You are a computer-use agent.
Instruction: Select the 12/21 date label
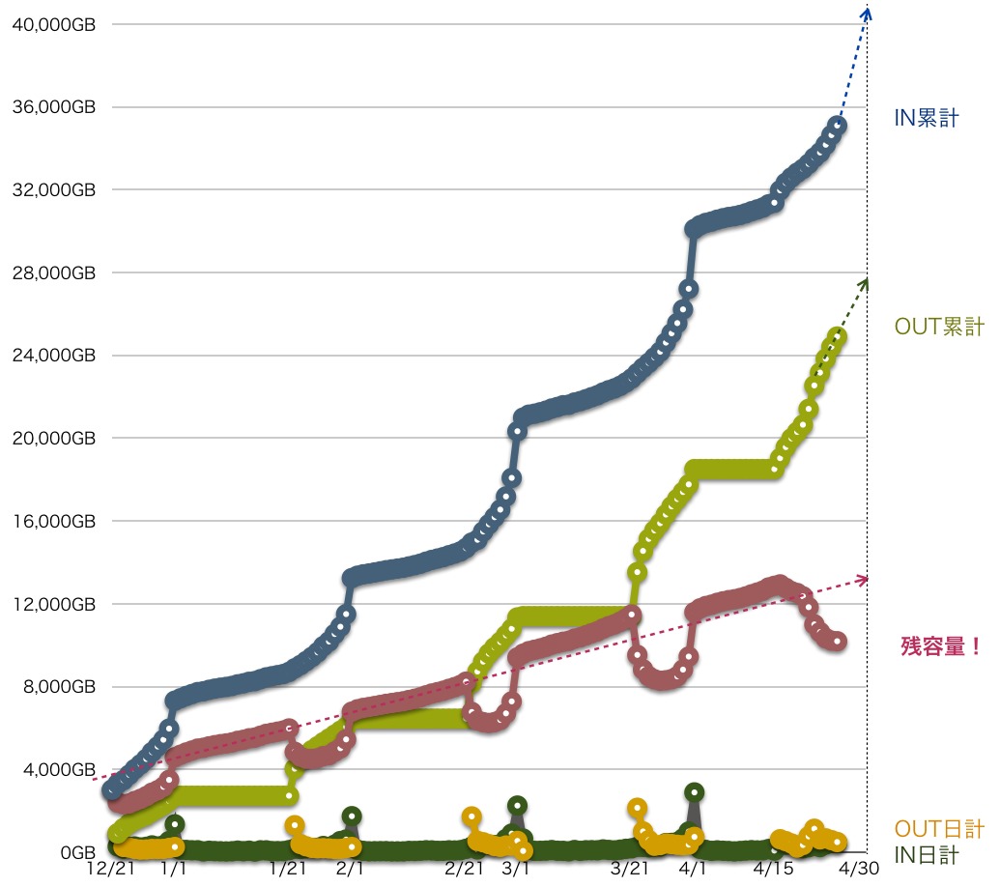[108, 871]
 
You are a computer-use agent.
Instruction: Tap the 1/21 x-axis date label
[289, 871]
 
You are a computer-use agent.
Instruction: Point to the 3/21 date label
[630, 871]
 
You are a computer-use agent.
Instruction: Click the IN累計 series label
[927, 119]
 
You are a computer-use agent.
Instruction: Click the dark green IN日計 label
[927, 854]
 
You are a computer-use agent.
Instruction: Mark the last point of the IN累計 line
[838, 125]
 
